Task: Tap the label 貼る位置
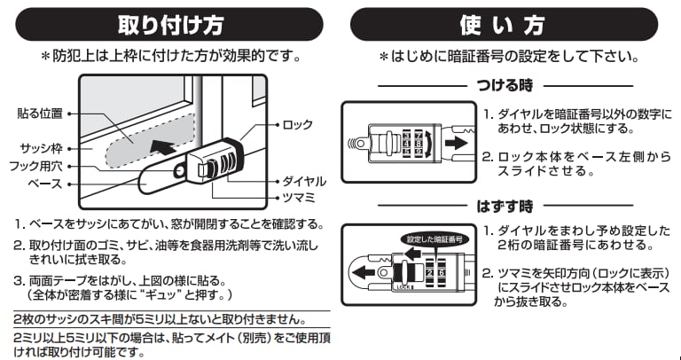(39, 113)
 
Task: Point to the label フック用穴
(38, 165)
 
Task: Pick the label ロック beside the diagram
(298, 124)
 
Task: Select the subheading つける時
(503, 87)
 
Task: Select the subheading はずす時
(503, 207)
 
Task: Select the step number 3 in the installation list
(19, 279)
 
